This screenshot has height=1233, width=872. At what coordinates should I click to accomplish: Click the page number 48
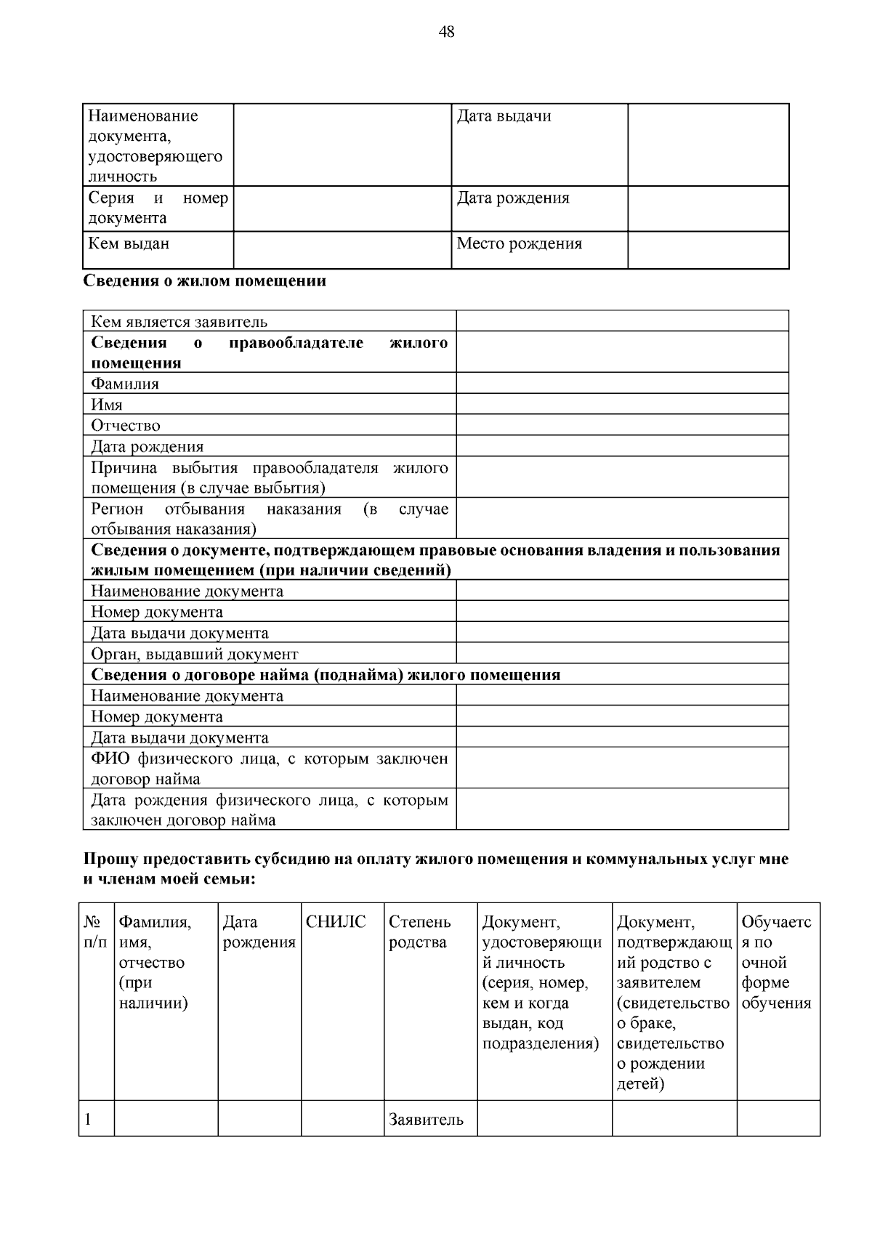click(447, 32)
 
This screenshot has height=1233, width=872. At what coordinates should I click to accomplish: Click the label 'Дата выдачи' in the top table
click(504, 116)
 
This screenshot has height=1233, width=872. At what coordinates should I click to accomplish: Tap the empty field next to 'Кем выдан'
click(342, 250)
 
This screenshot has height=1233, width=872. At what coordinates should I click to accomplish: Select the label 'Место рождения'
click(519, 243)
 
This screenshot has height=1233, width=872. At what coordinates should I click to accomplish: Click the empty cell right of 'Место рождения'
click(708, 250)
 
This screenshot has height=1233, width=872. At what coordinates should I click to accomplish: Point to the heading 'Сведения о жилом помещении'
click(205, 281)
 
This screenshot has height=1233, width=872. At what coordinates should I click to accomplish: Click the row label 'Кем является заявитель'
click(179, 322)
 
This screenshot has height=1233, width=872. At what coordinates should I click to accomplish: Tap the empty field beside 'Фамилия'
click(622, 383)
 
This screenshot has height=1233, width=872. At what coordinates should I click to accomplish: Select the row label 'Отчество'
click(126, 426)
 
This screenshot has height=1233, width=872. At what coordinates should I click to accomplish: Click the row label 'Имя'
click(107, 405)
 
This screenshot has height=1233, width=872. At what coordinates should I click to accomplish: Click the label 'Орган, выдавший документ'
click(194, 654)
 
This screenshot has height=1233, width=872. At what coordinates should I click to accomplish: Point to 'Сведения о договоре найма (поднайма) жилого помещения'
click(326, 675)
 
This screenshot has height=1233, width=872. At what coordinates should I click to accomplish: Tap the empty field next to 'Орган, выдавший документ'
click(622, 653)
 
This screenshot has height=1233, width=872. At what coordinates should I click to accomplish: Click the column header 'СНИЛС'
click(336, 923)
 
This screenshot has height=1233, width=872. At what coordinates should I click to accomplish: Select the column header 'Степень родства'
click(419, 932)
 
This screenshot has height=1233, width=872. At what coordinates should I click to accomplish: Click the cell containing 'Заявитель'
click(426, 1120)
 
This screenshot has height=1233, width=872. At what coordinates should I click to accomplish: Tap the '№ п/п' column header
click(96, 932)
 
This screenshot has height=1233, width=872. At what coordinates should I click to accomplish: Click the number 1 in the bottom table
click(88, 1120)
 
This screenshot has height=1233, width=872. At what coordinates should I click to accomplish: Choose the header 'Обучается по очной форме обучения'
click(776, 963)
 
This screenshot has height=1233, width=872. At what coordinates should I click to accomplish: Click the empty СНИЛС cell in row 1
click(342, 1119)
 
